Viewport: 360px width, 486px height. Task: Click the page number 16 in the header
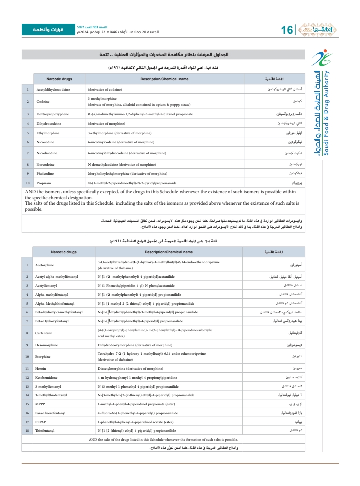click(x=287, y=30)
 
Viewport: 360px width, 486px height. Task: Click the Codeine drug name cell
click(x=44, y=101)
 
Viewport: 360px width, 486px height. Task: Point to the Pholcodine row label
click(x=46, y=173)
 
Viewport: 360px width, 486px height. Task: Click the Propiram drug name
click(x=45, y=184)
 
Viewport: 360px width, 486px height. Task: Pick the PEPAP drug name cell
click(x=41, y=421)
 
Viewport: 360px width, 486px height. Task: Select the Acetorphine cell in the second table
click(x=45, y=264)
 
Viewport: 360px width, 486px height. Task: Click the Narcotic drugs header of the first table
click(x=59, y=79)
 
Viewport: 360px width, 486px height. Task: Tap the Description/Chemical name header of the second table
click(x=168, y=252)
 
